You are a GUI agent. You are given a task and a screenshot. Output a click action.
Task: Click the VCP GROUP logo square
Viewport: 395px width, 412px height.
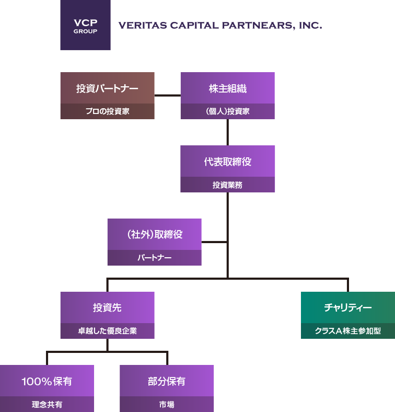[85, 25]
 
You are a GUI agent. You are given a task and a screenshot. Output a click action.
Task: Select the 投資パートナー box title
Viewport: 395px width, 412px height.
[107, 88]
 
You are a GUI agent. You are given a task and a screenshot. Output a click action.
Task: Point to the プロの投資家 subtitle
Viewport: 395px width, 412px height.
[107, 111]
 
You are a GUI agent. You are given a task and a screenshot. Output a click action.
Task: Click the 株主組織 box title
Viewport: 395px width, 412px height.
[227, 88]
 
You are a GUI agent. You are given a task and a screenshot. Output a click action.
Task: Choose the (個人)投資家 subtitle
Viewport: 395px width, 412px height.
[227, 111]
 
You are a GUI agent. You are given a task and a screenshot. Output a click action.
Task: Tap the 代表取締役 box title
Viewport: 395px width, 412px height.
[227, 162]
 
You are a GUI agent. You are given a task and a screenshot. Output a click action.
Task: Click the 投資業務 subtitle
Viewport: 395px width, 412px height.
[227, 185]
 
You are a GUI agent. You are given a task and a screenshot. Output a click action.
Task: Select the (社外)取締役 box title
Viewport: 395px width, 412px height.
[154, 235]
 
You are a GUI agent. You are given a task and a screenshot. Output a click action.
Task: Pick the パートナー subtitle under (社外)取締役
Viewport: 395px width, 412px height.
[154, 258]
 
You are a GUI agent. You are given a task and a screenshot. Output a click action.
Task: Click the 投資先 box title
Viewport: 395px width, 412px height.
[107, 308]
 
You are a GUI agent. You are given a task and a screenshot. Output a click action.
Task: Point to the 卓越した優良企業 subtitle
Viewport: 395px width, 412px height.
[107, 331]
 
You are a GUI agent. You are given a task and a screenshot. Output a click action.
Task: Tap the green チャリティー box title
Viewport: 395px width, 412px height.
[347, 308]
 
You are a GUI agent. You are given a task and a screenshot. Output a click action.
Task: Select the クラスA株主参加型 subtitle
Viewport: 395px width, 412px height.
[347, 331]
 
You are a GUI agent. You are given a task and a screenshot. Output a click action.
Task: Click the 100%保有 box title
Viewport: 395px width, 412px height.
[47, 381]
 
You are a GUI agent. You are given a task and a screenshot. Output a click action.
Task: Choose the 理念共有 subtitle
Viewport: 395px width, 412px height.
[47, 404]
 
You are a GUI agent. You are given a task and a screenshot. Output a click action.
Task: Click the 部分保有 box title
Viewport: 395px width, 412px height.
[167, 381]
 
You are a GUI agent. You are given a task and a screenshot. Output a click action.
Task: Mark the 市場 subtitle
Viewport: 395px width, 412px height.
[167, 404]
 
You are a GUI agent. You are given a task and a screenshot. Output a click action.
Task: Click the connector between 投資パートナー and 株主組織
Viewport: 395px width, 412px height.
[167, 95]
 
